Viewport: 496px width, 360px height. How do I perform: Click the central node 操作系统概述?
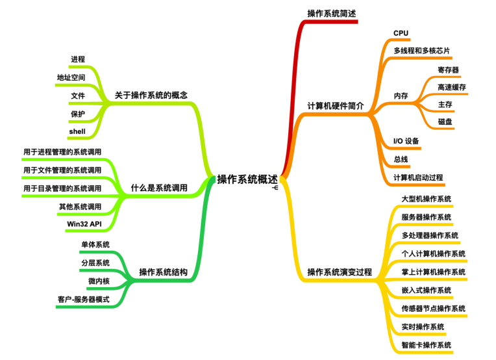click(247, 179)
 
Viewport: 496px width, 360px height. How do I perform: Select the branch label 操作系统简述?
click(331, 14)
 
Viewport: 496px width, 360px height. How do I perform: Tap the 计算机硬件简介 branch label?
click(335, 106)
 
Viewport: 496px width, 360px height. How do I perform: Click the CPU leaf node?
click(401, 33)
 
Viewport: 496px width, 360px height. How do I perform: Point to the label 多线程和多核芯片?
click(421, 51)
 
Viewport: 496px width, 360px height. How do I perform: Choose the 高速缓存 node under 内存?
click(451, 87)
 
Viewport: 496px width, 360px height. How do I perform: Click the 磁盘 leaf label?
click(445, 122)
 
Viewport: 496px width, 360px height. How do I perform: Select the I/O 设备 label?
click(406, 141)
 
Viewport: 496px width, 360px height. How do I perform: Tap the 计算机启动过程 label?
click(418, 177)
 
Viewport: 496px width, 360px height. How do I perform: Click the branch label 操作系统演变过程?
click(340, 272)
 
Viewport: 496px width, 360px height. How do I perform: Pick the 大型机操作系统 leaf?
click(426, 198)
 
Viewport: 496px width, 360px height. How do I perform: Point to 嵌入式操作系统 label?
click(426, 289)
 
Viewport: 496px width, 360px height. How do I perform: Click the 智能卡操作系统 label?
click(426, 344)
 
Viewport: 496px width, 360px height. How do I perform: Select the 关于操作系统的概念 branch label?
click(151, 95)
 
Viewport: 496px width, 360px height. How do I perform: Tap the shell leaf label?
click(77, 131)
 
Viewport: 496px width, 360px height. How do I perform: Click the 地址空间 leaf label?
click(71, 78)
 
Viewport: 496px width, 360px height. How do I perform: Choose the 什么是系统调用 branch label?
click(159, 188)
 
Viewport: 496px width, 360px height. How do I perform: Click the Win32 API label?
click(84, 224)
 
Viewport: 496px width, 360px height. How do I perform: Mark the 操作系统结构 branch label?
click(163, 272)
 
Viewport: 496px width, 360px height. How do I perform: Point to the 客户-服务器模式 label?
click(83, 299)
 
